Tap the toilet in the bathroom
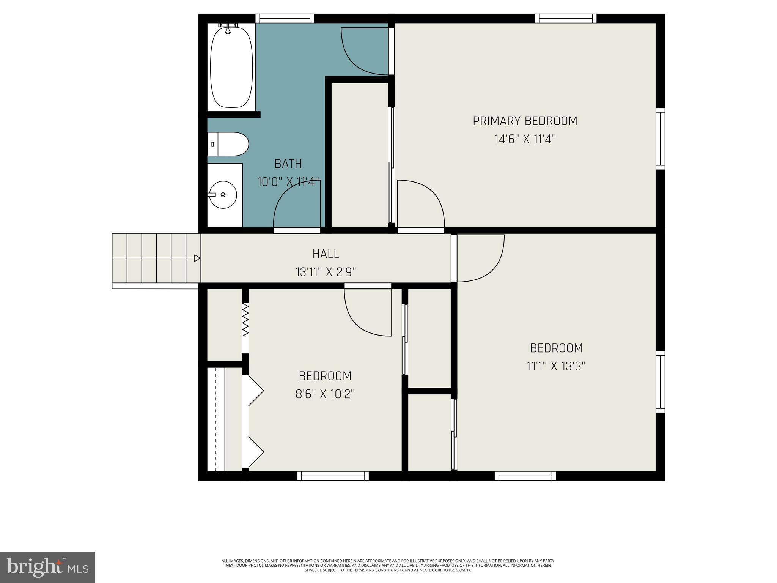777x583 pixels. click(228, 144)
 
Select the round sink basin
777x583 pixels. click(223, 195)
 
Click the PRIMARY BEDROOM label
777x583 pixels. click(525, 121)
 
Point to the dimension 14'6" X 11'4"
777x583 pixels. click(525, 139)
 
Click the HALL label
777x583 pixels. click(326, 254)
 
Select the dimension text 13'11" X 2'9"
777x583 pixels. click(326, 272)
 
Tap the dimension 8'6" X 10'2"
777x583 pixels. click(325, 394)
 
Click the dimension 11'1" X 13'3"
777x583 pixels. click(556, 366)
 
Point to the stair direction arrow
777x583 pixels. click(197, 258)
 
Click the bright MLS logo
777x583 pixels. click(47, 567)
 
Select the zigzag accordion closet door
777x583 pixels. click(245, 319)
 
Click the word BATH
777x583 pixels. click(288, 164)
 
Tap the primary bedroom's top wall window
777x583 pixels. click(566, 18)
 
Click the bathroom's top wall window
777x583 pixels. click(285, 18)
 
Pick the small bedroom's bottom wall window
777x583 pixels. click(333, 476)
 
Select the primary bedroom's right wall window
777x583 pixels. click(660, 139)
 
